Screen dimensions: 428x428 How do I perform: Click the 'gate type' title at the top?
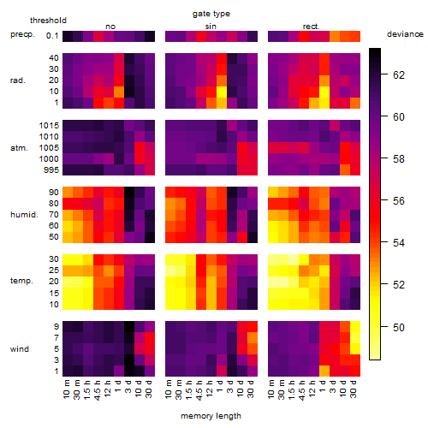(x=211, y=14)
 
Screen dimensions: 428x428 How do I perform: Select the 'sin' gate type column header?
(x=211, y=27)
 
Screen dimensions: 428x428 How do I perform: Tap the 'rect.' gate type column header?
(x=312, y=27)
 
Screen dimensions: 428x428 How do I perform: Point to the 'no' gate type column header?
(x=110, y=27)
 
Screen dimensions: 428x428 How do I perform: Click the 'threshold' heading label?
(x=48, y=21)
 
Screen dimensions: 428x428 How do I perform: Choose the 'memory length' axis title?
(x=211, y=416)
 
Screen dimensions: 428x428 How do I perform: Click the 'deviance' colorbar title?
(x=405, y=34)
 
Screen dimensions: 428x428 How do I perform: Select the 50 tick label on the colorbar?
(x=399, y=327)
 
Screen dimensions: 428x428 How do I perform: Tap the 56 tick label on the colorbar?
(x=399, y=201)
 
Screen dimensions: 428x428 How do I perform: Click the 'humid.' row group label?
(x=24, y=215)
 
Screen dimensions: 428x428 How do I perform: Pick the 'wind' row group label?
(x=20, y=349)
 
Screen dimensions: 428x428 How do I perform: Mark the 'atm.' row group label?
(x=19, y=148)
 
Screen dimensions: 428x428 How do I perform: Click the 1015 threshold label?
(x=49, y=126)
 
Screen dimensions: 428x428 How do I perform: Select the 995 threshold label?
(x=51, y=170)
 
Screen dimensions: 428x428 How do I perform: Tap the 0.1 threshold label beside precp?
(x=52, y=36)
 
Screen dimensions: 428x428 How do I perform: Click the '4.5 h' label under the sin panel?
(x=199, y=390)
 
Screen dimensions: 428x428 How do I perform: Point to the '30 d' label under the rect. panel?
(x=354, y=389)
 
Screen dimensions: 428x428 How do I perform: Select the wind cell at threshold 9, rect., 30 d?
(x=355, y=327)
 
